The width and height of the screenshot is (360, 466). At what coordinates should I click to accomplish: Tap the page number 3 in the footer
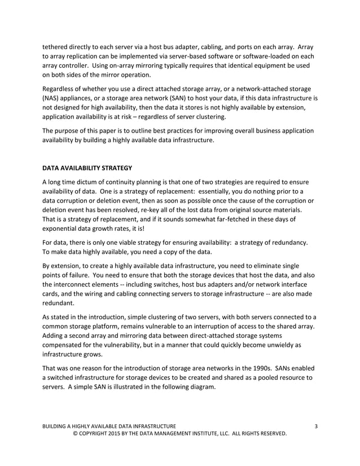point(315,425)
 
